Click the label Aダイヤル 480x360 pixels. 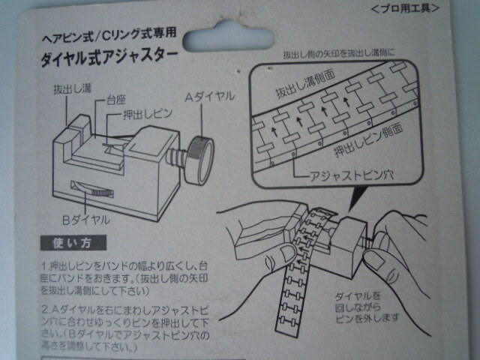[x=210, y=97]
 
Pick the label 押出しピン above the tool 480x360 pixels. [x=147, y=118]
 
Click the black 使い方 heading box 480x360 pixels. [x=73, y=243]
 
